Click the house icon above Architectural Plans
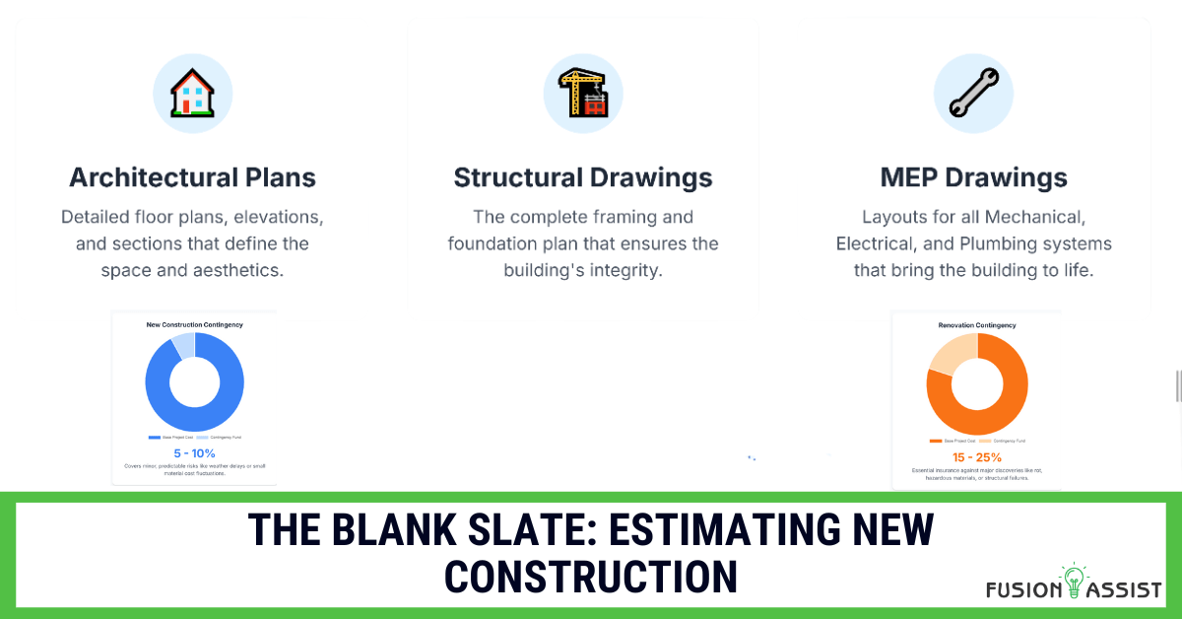pos(192,95)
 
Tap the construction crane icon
pos(583,95)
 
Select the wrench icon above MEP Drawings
pos(973,95)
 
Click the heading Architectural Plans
pos(192,177)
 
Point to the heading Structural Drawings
pos(583,177)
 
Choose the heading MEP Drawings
pos(973,177)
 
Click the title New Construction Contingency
pos(194,324)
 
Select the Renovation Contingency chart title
pos(977,324)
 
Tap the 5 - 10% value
pos(194,452)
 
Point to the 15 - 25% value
pos(976,457)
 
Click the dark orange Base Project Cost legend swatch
pos(934,441)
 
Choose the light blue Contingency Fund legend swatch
pos(202,437)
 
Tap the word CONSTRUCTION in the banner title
pos(590,576)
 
